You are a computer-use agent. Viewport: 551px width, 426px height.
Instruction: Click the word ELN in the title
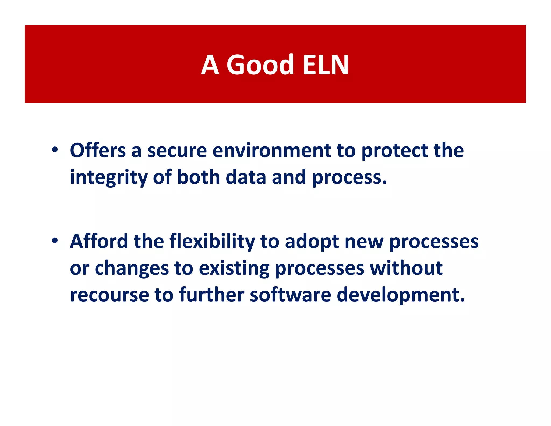326,65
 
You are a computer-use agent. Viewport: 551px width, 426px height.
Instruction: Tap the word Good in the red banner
260,65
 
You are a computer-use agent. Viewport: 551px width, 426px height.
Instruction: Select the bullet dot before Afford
55,240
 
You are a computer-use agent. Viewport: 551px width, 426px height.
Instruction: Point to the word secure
177,151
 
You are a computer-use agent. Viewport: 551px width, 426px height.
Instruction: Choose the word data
246,177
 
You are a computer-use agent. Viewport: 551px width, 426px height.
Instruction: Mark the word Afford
99,241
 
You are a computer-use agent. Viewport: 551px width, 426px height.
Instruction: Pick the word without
406,268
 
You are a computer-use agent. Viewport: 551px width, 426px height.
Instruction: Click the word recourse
109,295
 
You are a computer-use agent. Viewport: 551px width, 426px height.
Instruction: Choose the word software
290,295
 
